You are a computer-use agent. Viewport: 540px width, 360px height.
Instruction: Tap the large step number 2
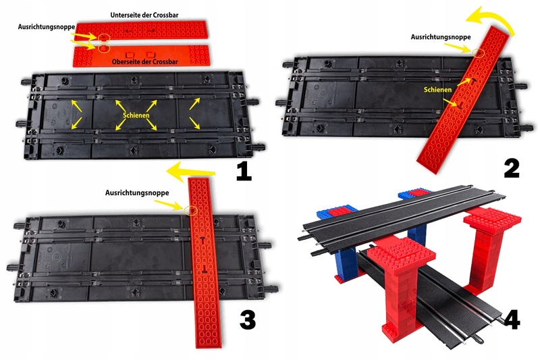click(512, 169)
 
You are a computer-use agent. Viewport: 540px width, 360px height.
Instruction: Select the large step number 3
click(248, 319)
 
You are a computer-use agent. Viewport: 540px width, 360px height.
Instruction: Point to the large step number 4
click(512, 319)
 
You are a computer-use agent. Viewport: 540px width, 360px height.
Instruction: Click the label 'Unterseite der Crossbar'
click(144, 15)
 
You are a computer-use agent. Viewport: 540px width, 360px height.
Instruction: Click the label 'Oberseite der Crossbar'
click(145, 61)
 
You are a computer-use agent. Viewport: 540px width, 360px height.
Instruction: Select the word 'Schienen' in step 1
click(136, 115)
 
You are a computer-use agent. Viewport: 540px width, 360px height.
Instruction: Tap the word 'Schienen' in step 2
click(437, 90)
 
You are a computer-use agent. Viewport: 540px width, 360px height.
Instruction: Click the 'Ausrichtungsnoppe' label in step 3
click(137, 193)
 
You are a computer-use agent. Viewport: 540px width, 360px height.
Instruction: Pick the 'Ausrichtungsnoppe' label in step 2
click(441, 37)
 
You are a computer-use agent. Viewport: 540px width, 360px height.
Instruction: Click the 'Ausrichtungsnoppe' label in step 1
click(47, 26)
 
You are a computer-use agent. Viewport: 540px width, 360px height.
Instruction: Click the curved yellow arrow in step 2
click(491, 21)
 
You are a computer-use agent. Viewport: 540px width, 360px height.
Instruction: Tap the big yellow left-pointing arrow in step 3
click(190, 172)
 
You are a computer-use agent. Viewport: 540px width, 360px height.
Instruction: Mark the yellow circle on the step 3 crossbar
click(190, 211)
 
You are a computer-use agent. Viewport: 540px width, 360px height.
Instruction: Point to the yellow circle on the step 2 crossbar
click(479, 53)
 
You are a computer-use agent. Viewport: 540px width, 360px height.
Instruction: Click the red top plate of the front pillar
click(401, 254)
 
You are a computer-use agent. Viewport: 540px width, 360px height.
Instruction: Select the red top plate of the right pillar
click(493, 221)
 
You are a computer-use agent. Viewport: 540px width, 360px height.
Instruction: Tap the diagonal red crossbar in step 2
click(464, 99)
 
